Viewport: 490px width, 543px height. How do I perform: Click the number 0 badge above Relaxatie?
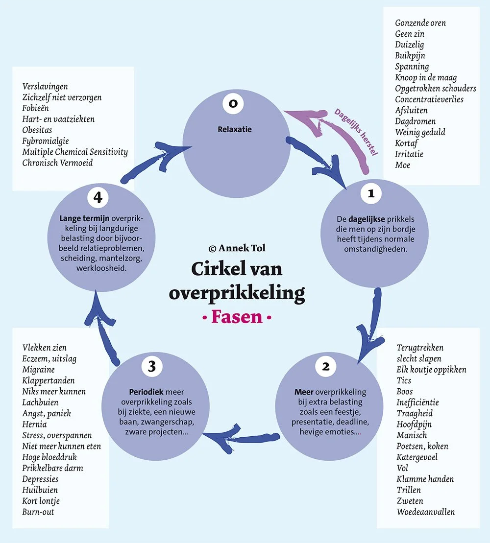tap(233, 103)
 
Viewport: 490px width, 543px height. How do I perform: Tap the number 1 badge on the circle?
tap(371, 193)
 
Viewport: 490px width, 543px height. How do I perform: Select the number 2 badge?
tap(326, 366)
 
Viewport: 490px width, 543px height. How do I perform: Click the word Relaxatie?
tap(234, 130)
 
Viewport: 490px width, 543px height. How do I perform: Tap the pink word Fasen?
tap(237, 317)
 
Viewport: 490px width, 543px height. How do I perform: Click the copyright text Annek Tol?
tap(237, 248)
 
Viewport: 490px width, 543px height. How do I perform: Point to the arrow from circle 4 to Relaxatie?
tap(147, 162)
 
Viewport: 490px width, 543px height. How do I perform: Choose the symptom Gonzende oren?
tap(420, 23)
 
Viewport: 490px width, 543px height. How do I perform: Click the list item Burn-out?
tap(38, 512)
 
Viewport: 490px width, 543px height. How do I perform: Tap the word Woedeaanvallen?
tap(426, 512)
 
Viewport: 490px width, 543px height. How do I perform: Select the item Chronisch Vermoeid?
tap(57, 163)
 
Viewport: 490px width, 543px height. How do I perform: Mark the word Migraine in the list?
tap(38, 370)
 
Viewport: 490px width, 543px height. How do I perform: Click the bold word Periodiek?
tap(146, 392)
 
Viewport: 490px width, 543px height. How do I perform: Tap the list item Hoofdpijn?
tap(414, 425)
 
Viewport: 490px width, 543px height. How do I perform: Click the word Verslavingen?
tap(45, 87)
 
